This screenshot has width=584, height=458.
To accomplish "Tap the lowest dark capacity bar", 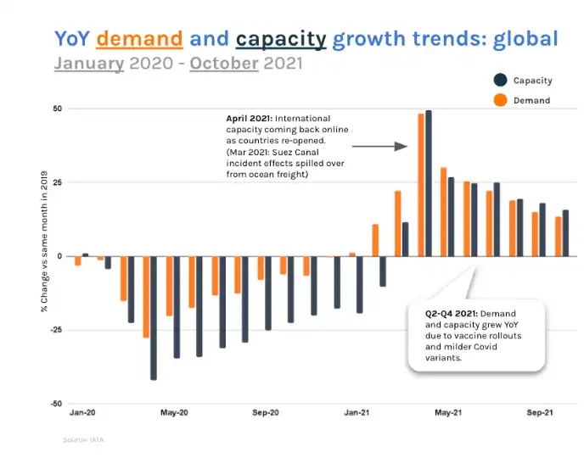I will coord(154,317).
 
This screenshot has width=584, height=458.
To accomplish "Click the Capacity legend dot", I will coord(500,81).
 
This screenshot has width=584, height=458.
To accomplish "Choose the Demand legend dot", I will coord(500,100).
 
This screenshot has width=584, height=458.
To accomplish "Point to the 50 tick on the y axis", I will coord(57,109).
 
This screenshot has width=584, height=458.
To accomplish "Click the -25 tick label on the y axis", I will coord(55,330).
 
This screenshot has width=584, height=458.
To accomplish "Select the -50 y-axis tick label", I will coord(55,404).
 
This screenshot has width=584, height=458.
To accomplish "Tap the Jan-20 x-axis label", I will coord(81,413).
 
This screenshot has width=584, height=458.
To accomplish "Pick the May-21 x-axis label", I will coord(448,413).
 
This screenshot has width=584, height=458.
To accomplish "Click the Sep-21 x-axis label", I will coord(541,413).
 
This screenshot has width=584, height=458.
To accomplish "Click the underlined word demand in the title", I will coord(140,38).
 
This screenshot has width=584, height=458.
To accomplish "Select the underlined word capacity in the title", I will coord(281,38).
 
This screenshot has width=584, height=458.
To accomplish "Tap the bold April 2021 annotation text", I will coord(249,118).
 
